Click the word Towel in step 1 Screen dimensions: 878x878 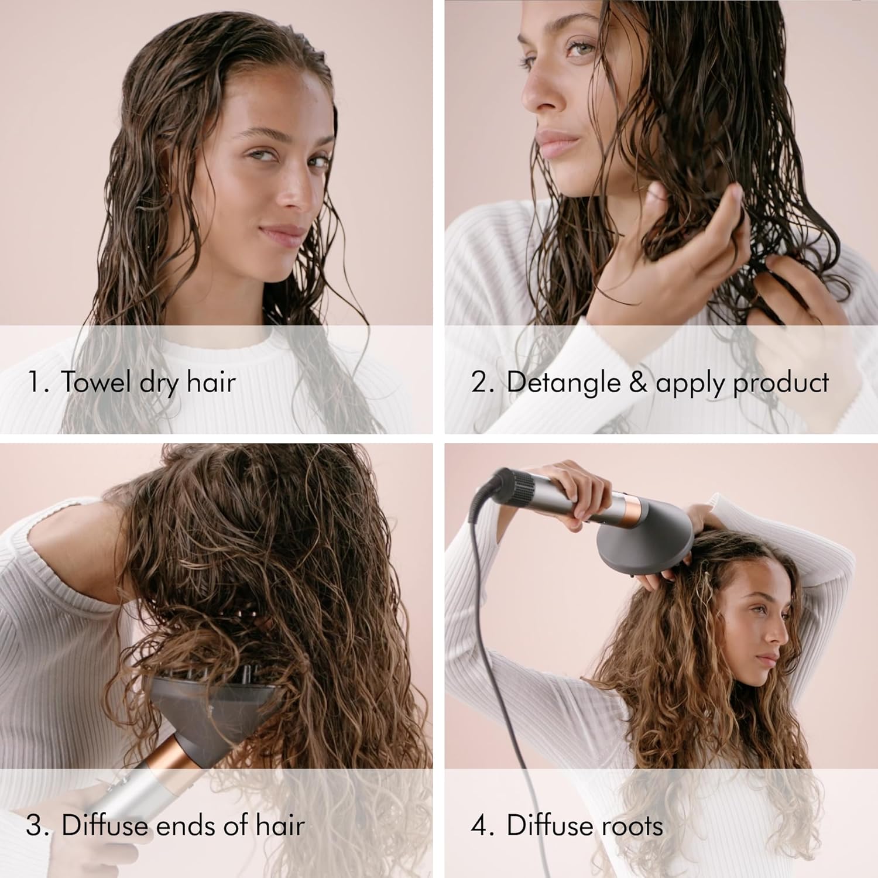[96, 382]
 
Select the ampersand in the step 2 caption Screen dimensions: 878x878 [638, 382]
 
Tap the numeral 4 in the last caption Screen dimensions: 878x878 [479, 825]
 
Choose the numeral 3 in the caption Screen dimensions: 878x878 [35, 825]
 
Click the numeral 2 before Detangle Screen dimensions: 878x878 [479, 382]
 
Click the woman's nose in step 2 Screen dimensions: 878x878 [536, 97]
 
